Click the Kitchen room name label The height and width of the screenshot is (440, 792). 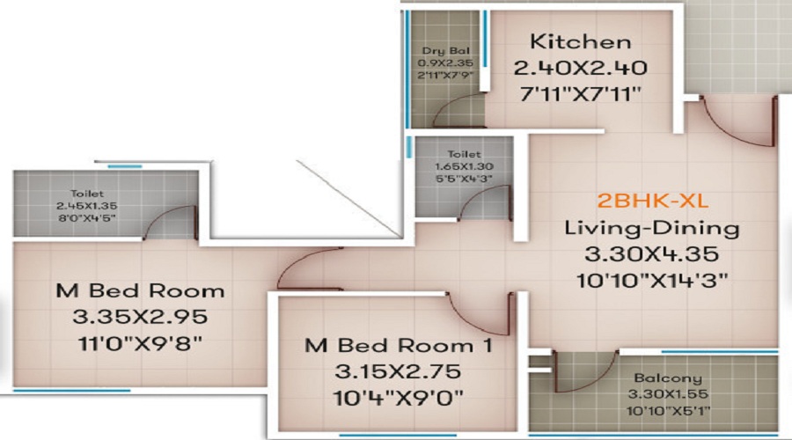tap(581, 41)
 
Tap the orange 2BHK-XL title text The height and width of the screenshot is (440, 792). tap(653, 201)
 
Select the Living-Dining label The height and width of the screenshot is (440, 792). tap(651, 228)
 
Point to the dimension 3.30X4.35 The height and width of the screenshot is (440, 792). tap(651, 254)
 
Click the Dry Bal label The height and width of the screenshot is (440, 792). tap(445, 51)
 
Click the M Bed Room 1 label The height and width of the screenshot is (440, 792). tap(398, 346)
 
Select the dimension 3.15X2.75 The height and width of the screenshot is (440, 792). tap(398, 372)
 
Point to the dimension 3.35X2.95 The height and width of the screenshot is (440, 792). tap(140, 318)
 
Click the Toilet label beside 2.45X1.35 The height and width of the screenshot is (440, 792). tap(87, 194)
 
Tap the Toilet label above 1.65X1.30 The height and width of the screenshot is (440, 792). tap(464, 154)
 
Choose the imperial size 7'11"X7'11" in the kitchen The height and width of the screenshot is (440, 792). tap(581, 94)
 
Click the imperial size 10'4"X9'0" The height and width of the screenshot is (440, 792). tap(398, 398)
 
